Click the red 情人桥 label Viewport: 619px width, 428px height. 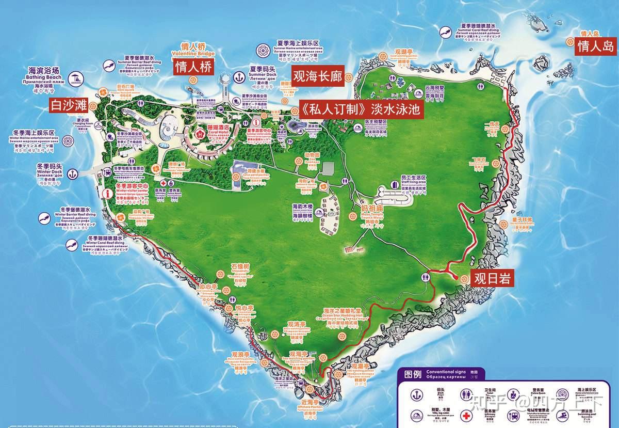(x=194, y=67)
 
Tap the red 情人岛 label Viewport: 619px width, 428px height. (x=596, y=46)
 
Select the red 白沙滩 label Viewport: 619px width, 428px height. (x=69, y=105)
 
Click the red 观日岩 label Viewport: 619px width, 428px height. (x=492, y=279)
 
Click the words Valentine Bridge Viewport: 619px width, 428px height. (x=192, y=54)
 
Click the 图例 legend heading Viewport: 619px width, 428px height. (x=413, y=374)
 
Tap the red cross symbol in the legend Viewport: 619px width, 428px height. (x=466, y=416)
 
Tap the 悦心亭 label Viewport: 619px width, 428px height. (x=241, y=308)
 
